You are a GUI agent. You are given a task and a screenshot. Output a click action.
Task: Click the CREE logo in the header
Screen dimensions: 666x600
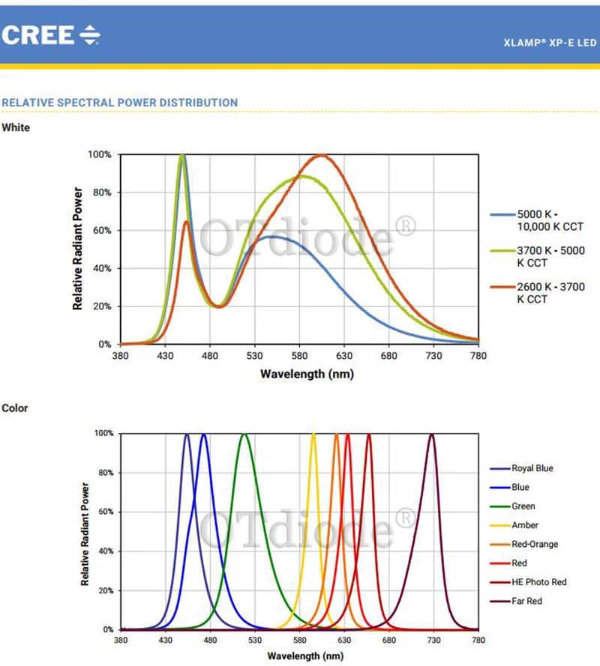(50, 34)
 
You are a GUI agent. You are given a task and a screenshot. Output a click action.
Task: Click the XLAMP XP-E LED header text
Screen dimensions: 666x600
(550, 43)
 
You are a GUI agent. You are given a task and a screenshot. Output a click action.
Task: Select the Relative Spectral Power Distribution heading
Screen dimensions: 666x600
(120, 103)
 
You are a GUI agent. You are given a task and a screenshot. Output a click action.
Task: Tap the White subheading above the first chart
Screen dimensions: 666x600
(16, 127)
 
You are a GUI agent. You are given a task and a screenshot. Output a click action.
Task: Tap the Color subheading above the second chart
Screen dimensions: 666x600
(15, 408)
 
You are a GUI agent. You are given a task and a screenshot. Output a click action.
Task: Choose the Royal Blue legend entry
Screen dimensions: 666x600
(532, 468)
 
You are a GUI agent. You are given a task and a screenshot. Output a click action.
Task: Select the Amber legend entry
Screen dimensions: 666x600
(525, 525)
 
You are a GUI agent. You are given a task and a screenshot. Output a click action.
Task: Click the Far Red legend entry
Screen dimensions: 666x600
(526, 601)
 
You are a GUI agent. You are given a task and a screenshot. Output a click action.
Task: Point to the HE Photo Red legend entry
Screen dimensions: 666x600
(538, 582)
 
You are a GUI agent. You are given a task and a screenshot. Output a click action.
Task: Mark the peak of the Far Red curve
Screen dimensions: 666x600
(431, 435)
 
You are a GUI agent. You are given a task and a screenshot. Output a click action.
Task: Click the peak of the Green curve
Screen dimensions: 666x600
(244, 435)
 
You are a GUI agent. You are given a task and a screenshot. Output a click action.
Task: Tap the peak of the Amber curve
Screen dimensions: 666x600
(313, 435)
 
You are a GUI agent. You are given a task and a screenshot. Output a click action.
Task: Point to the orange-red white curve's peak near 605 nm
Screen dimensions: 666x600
(322, 155)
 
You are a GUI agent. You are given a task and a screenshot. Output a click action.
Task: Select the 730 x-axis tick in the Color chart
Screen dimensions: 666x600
(433, 641)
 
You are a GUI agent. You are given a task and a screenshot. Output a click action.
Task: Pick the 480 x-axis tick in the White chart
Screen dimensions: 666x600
(211, 356)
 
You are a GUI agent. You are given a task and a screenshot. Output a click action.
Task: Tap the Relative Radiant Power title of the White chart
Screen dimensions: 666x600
(77, 249)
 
